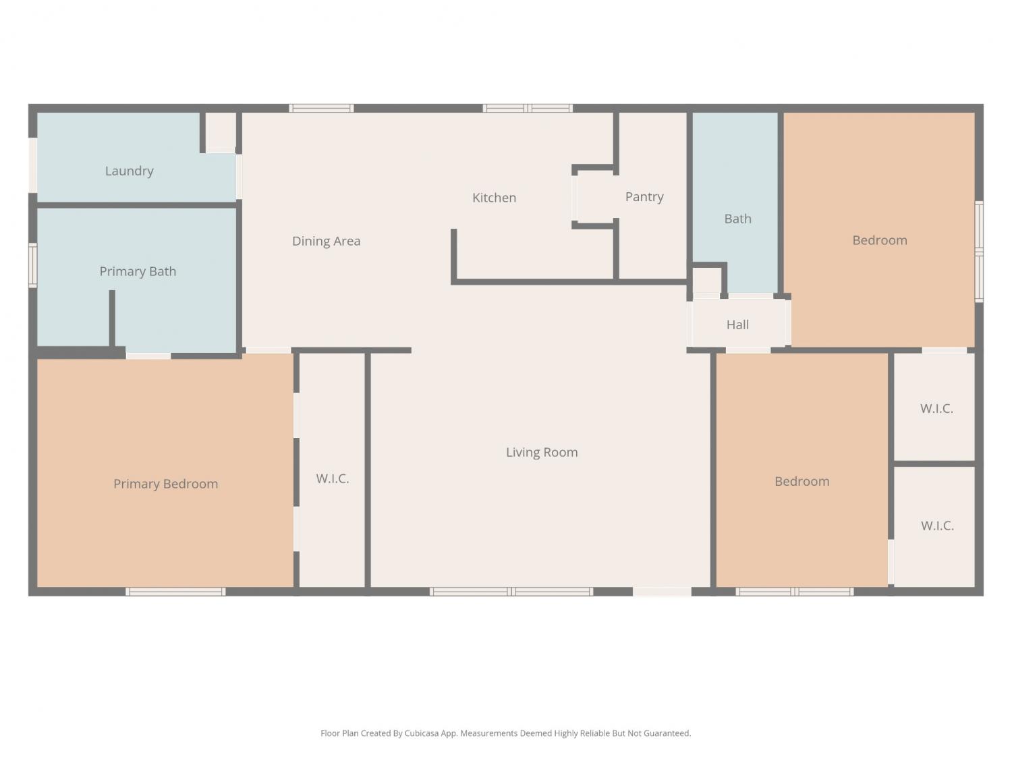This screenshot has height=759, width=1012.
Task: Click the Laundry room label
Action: (129, 171)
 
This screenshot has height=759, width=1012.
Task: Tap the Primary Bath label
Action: (138, 271)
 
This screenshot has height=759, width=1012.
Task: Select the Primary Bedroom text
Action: (165, 484)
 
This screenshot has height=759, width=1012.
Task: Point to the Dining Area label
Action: (326, 241)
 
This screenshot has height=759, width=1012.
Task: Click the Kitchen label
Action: (495, 198)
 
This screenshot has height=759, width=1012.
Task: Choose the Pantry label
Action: (644, 197)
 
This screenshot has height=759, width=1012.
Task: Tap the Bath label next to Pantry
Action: (737, 219)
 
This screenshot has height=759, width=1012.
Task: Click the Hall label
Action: (737, 325)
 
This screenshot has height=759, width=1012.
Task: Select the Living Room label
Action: (542, 453)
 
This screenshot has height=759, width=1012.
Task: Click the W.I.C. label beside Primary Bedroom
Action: (333, 479)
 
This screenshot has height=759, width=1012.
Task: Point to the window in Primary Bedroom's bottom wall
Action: (175, 592)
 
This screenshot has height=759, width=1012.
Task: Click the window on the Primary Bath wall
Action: (33, 266)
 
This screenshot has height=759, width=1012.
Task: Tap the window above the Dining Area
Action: (321, 109)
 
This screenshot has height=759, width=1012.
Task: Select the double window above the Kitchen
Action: (528, 109)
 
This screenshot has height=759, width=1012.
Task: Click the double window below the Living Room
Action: (511, 592)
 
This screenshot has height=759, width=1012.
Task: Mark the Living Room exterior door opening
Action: (662, 592)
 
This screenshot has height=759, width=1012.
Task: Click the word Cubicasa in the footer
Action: (422, 733)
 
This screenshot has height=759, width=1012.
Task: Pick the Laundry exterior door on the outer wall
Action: (33, 165)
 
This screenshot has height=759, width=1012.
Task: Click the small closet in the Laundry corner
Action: (221, 132)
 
